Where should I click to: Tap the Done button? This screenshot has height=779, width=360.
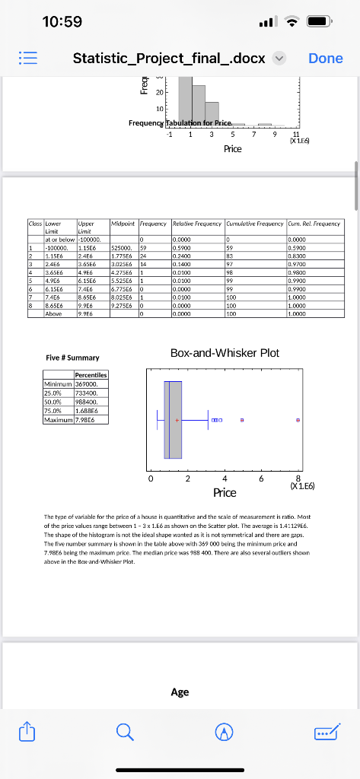coord(325,59)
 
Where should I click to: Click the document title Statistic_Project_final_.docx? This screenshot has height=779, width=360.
coord(169,59)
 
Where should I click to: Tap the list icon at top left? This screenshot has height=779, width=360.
coord(27,59)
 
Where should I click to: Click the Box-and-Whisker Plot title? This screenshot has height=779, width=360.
coord(225,353)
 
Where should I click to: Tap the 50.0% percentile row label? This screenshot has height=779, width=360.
coord(56,402)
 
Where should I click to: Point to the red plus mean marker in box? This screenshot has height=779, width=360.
coord(177,420)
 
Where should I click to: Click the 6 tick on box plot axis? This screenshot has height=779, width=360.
coord(261,479)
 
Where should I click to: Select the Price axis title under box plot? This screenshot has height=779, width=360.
coord(225,493)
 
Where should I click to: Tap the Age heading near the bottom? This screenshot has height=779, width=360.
coord(180,692)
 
